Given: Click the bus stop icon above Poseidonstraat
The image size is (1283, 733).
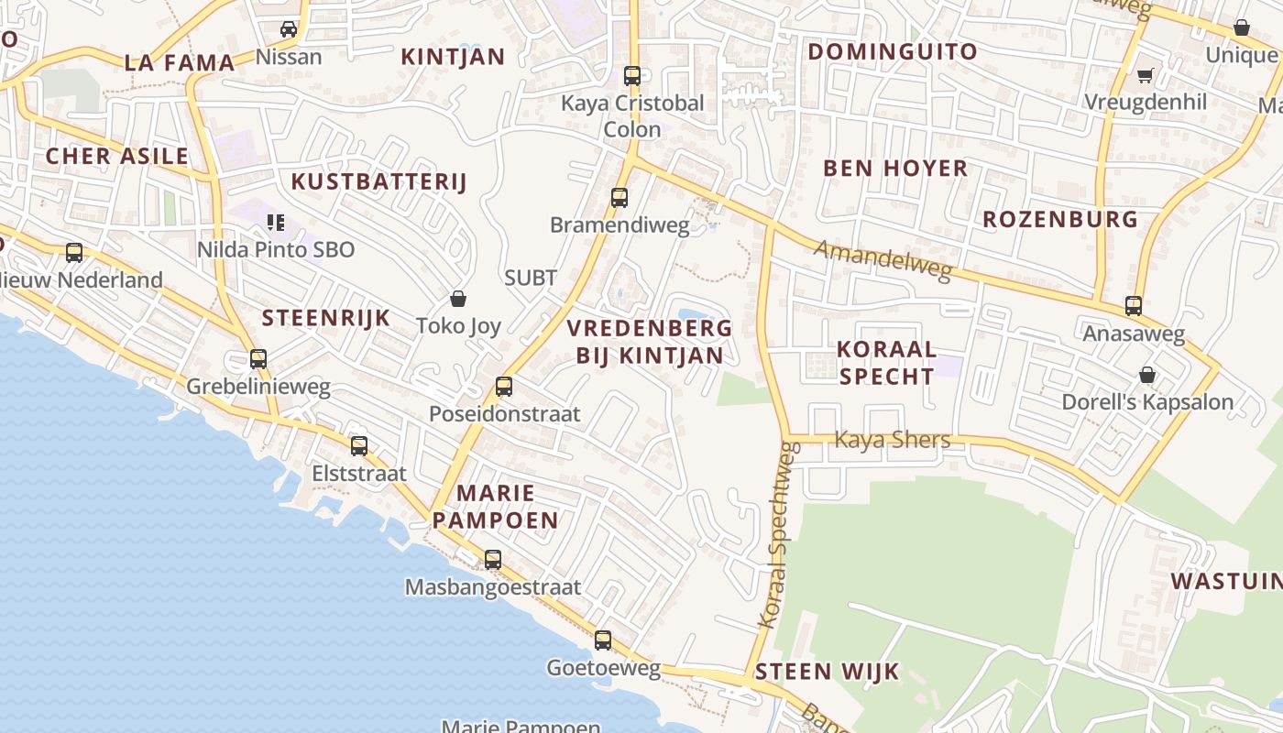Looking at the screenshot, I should point(504,387).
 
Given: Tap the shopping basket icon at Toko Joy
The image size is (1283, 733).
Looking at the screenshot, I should point(458,299).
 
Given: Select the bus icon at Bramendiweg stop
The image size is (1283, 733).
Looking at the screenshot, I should point(620,198).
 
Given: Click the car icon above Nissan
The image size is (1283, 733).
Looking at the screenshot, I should point(289,29).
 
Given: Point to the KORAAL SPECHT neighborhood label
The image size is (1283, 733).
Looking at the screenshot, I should point(886,362).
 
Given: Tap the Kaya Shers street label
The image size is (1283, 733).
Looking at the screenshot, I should point(892,440).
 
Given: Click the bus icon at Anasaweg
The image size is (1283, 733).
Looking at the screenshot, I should point(1134,306).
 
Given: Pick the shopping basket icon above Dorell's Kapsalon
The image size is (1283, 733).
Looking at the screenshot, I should point(1146,375).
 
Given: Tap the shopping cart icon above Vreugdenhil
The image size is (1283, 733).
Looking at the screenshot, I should point(1145,75).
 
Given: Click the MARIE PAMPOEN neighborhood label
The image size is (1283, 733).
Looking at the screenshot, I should point(495,507).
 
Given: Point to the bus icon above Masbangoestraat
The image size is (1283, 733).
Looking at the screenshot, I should point(493,560).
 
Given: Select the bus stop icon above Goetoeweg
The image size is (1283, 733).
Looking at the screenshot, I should point(603,640).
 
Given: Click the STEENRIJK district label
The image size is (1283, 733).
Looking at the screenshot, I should point(326,318).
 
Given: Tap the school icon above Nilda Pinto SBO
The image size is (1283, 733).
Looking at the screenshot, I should point(276,222).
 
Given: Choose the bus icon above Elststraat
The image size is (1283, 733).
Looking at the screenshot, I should point(359,446).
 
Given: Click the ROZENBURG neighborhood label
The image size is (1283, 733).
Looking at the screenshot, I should point(1060,219).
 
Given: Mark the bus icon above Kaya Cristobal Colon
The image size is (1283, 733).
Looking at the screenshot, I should point(632,76).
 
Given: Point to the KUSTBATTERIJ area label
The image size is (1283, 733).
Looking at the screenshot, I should point(378,181).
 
